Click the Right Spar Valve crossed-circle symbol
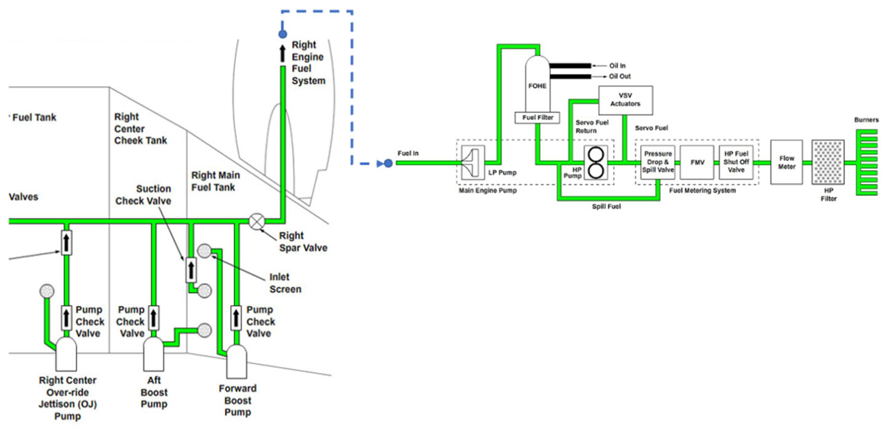coord(257,222)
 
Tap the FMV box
coord(697,162)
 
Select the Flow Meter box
coord(786,162)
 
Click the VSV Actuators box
coord(625,100)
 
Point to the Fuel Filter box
coord(537,118)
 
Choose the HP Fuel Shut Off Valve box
coord(736,162)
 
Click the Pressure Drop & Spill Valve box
coord(658,162)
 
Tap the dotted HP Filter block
coord(828,162)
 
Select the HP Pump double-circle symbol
coord(596,163)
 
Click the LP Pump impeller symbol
coord(472,163)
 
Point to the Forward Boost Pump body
coord(236,362)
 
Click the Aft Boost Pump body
coord(153,354)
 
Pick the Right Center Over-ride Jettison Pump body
coord(66,354)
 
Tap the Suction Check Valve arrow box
coord(191,270)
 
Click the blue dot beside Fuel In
coord(388,163)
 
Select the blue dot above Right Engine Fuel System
coord(283,34)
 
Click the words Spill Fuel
coord(606,206)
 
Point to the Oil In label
coord(617,66)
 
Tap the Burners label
coord(866,120)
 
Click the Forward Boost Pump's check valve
coord(236,318)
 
